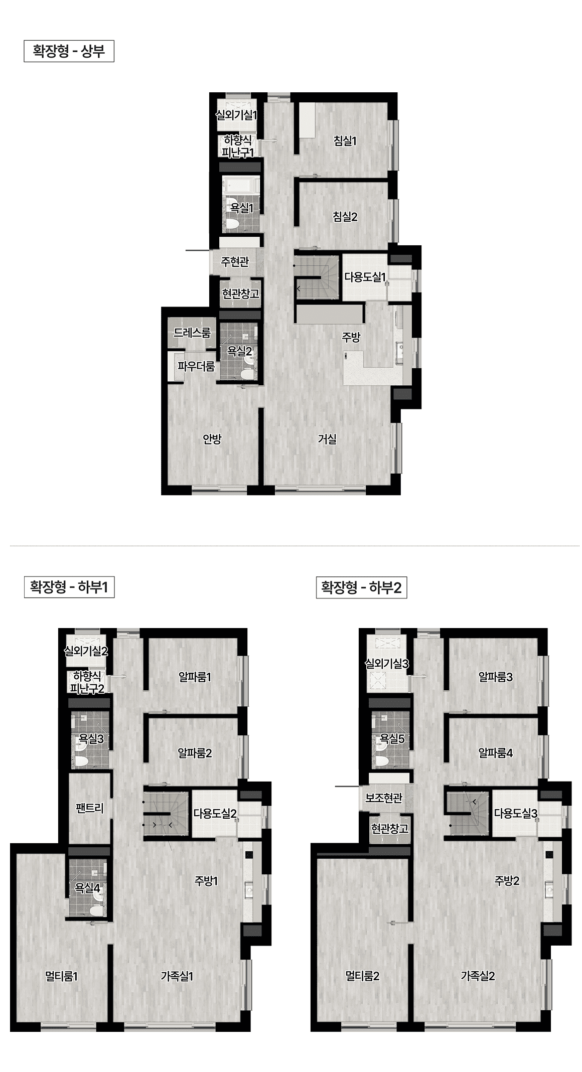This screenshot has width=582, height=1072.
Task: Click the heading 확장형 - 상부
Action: tap(69, 52)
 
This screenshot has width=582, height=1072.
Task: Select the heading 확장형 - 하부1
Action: tap(69, 587)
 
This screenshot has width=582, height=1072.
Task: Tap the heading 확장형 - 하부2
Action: tap(361, 587)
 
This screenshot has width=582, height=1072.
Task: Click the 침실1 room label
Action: tap(345, 141)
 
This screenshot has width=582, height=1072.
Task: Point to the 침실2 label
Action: tap(345, 217)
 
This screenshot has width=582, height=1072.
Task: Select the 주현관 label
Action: tap(235, 262)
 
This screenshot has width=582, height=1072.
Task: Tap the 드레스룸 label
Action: tap(192, 333)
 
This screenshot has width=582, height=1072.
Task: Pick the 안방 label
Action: tap(212, 439)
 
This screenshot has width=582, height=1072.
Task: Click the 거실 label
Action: tap(327, 439)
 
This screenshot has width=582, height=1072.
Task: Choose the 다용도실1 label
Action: tap(365, 277)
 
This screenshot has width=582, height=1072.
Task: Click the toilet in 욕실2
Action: tap(246, 374)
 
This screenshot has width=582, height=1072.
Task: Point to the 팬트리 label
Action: tap(89, 808)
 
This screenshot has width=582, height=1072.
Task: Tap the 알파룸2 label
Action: tap(195, 753)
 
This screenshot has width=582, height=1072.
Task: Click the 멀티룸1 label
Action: tap(61, 977)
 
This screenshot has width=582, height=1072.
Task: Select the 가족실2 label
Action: tap(478, 976)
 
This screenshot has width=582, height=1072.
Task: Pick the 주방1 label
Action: tap(206, 881)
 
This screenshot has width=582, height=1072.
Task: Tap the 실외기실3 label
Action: tap(386, 664)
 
